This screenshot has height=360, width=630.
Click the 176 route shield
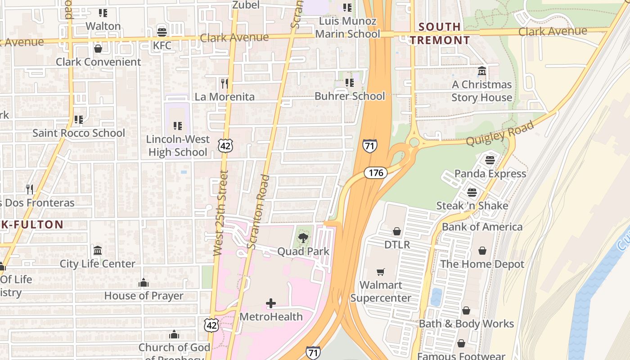pyautogui.click(x=375, y=173)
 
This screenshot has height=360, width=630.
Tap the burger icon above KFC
pyautogui.click(x=162, y=32)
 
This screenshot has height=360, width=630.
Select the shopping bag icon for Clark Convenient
pyautogui.click(x=98, y=48)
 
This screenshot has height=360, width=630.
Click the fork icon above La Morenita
pyautogui.click(x=225, y=83)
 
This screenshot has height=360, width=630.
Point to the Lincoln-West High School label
pyautogui.click(x=178, y=146)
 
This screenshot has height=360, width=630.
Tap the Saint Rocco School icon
pyautogui.click(x=79, y=120)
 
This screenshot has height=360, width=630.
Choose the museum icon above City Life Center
pyautogui.click(x=98, y=250)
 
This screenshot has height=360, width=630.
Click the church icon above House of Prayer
pyautogui.click(x=144, y=283)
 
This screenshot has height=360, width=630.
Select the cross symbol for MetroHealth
pyautogui.click(x=271, y=303)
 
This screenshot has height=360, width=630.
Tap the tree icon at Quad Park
pyautogui.click(x=303, y=238)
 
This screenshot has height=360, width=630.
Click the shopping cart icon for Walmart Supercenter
pyautogui.click(x=381, y=272)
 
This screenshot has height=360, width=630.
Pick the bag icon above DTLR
pyautogui.click(x=397, y=231)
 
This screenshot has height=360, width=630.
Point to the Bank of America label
pyautogui.click(x=482, y=227)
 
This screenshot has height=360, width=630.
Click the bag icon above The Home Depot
pyautogui.click(x=482, y=251)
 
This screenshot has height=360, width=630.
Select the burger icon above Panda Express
pyautogui.click(x=490, y=160)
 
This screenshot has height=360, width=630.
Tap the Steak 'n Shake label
pyautogui.click(x=472, y=206)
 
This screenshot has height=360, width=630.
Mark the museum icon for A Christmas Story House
pyautogui.click(x=482, y=71)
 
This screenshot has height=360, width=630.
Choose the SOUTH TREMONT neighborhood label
pyautogui.click(x=440, y=33)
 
